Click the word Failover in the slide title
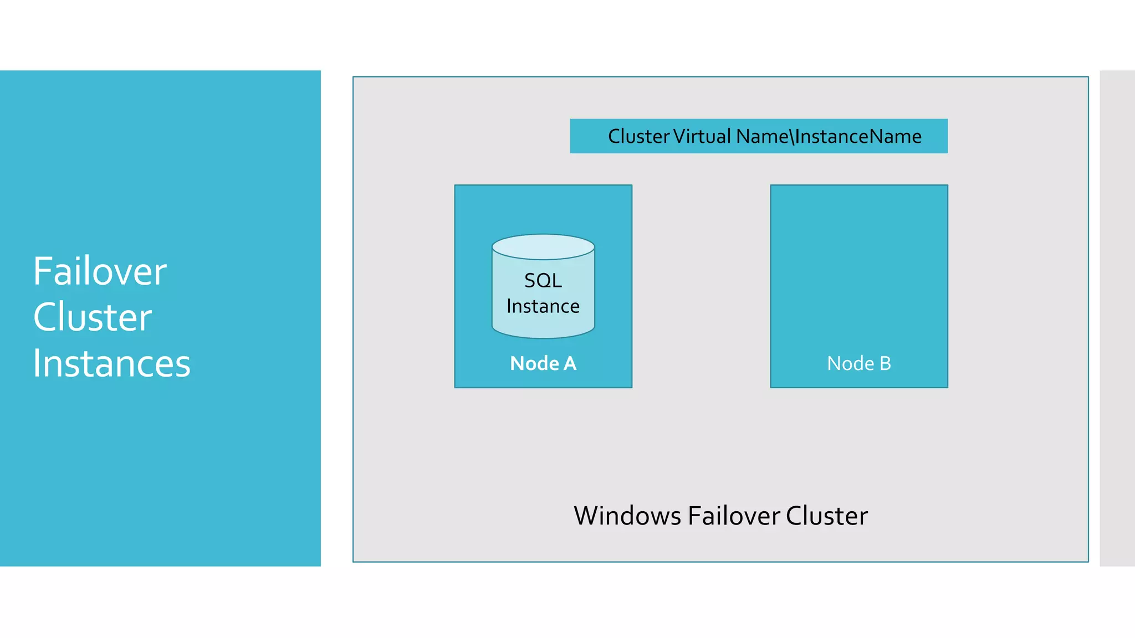100,271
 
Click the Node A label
543,363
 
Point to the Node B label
859,363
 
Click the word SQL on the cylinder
543,281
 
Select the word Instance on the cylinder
543,306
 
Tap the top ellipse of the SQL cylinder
543,247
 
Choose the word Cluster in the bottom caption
826,516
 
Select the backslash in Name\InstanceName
792,136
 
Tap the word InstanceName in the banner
858,136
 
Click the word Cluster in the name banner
638,136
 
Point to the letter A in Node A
570,363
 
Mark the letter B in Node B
885,363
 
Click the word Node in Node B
850,363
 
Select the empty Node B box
859,266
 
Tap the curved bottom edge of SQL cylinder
543,337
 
